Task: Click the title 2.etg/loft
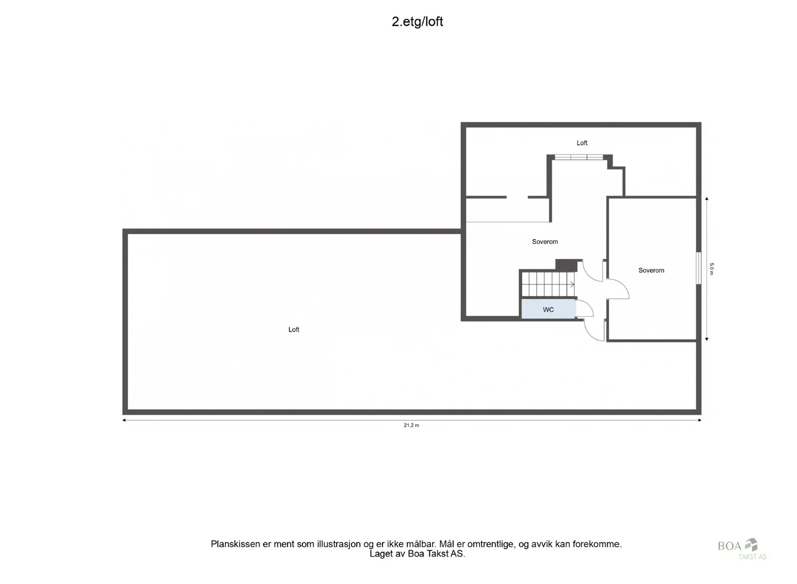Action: click(x=417, y=22)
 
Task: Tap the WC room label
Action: click(x=548, y=310)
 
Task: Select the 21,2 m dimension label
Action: click(x=411, y=425)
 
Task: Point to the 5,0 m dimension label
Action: click(x=711, y=269)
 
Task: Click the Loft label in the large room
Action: click(x=293, y=330)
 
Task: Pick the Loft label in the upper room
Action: click(x=582, y=143)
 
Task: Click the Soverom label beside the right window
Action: click(x=651, y=270)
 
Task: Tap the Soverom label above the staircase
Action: click(x=545, y=242)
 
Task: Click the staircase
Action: click(x=548, y=284)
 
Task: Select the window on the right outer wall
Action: click(x=698, y=268)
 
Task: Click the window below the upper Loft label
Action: click(x=579, y=157)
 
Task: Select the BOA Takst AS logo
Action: click(x=742, y=549)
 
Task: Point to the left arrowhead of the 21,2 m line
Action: click(x=124, y=420)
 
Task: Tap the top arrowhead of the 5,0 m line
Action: click(x=707, y=199)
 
